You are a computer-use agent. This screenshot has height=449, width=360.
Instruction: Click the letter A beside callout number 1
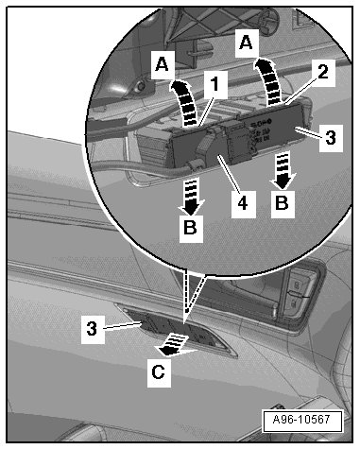(x=163, y=65)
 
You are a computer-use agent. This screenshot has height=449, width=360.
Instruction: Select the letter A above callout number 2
(x=246, y=43)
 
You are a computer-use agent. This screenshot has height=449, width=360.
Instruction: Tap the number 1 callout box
(x=215, y=84)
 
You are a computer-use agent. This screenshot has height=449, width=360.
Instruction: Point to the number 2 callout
(x=323, y=72)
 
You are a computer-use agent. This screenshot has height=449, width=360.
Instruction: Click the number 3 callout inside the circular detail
(x=331, y=138)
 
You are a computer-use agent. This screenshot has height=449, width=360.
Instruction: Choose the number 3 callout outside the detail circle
(x=93, y=329)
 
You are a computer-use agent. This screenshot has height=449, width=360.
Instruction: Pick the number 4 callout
(x=243, y=203)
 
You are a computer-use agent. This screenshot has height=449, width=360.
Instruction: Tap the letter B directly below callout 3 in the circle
(x=283, y=204)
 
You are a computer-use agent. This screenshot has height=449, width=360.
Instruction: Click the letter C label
(x=159, y=372)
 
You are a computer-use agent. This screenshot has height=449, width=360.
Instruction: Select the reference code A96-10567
(x=301, y=420)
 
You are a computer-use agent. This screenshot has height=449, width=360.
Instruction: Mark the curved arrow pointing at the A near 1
(x=185, y=102)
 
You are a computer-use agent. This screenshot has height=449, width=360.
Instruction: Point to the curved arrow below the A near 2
(x=269, y=82)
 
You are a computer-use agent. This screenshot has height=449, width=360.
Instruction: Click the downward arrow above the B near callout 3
(x=283, y=170)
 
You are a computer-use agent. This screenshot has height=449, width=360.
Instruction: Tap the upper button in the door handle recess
(x=297, y=285)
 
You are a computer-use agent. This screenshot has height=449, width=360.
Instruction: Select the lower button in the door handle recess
(x=295, y=302)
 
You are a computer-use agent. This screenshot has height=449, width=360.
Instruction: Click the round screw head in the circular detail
(x=139, y=86)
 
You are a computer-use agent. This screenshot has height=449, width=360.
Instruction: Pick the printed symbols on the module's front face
(x=260, y=131)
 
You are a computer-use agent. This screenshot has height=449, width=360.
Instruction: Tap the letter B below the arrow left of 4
(x=191, y=227)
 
